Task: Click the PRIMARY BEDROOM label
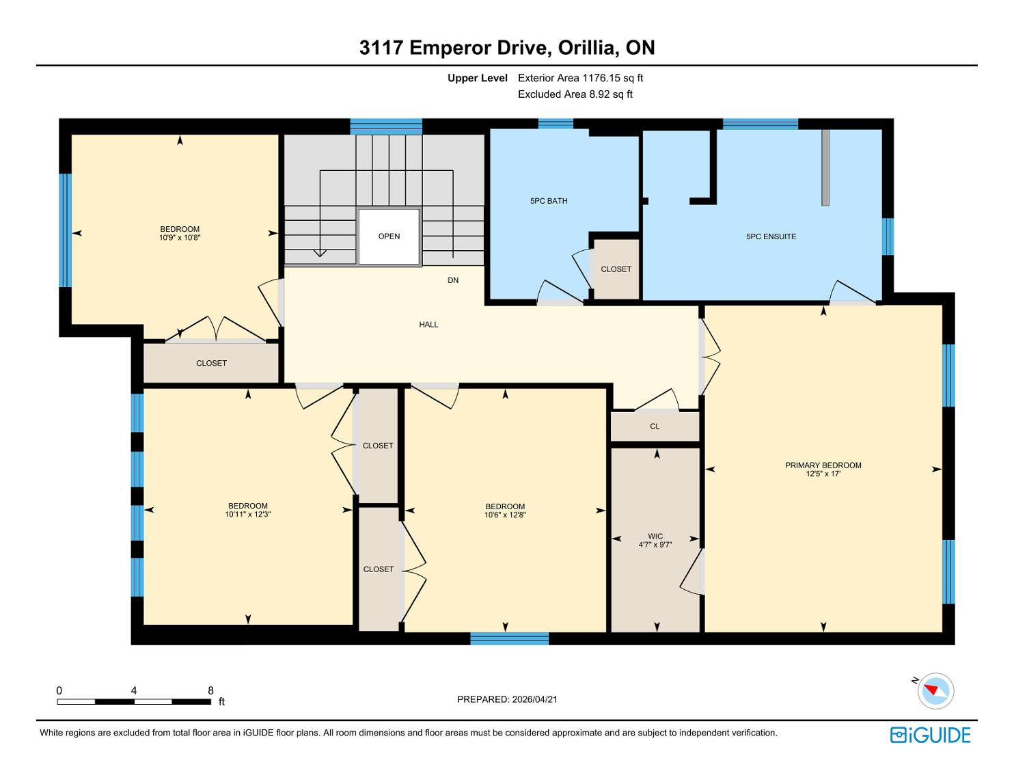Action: click(x=823, y=465)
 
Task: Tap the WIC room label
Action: click(x=655, y=536)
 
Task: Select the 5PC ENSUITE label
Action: click(x=771, y=236)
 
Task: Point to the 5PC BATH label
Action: click(x=549, y=201)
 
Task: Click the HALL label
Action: click(x=428, y=325)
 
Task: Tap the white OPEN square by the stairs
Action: click(x=389, y=236)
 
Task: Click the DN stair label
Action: click(x=452, y=280)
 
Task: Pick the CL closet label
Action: click(x=655, y=427)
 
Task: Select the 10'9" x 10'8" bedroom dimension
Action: click(x=180, y=238)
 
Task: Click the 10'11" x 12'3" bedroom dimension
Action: click(x=248, y=514)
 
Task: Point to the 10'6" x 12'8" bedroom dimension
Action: click(x=505, y=515)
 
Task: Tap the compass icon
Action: click(x=935, y=691)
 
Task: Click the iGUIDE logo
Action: click(x=930, y=735)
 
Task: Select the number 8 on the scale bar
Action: click(x=210, y=690)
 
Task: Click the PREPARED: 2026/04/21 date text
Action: click(x=507, y=699)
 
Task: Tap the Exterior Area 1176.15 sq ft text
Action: click(x=580, y=78)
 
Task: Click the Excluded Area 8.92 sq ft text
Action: click(x=575, y=94)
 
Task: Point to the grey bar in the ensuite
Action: click(x=825, y=167)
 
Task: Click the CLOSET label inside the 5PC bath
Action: click(x=616, y=269)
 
